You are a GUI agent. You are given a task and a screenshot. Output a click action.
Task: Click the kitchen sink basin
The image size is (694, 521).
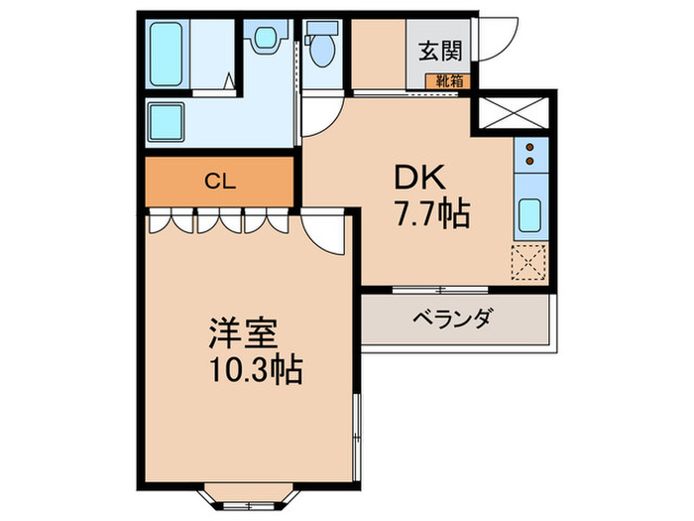click(x=529, y=213)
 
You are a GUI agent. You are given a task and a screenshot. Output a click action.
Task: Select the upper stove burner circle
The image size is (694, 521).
click(x=529, y=148)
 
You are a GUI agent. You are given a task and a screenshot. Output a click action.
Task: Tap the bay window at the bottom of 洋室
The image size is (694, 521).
click(x=235, y=493)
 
